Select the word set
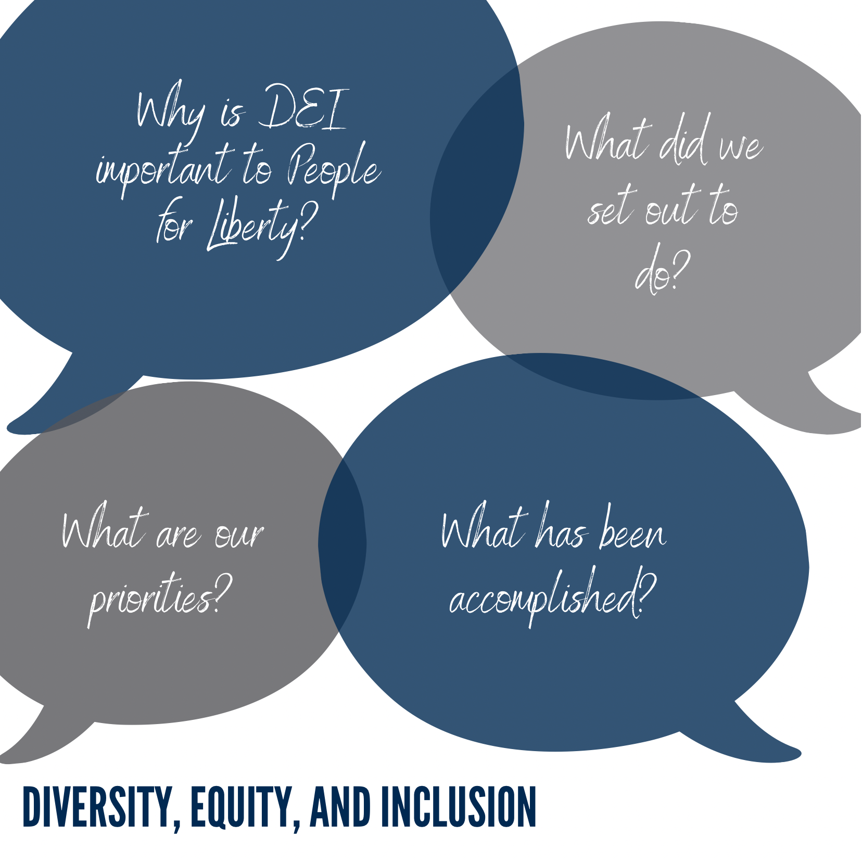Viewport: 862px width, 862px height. [x=612, y=205]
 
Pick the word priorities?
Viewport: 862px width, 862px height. [x=159, y=599]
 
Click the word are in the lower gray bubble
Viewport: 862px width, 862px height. [x=177, y=534]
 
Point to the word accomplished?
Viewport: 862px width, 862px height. [x=552, y=597]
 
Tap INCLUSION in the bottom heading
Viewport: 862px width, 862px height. [x=458, y=807]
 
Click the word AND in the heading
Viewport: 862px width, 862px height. [x=340, y=807]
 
